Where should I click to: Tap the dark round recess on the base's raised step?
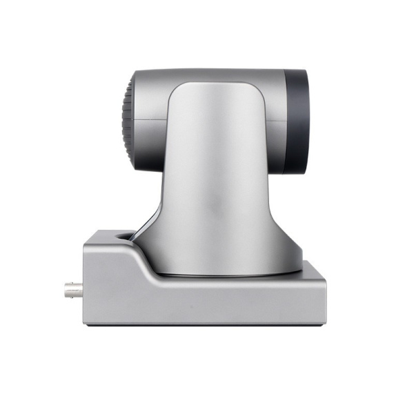125,236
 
